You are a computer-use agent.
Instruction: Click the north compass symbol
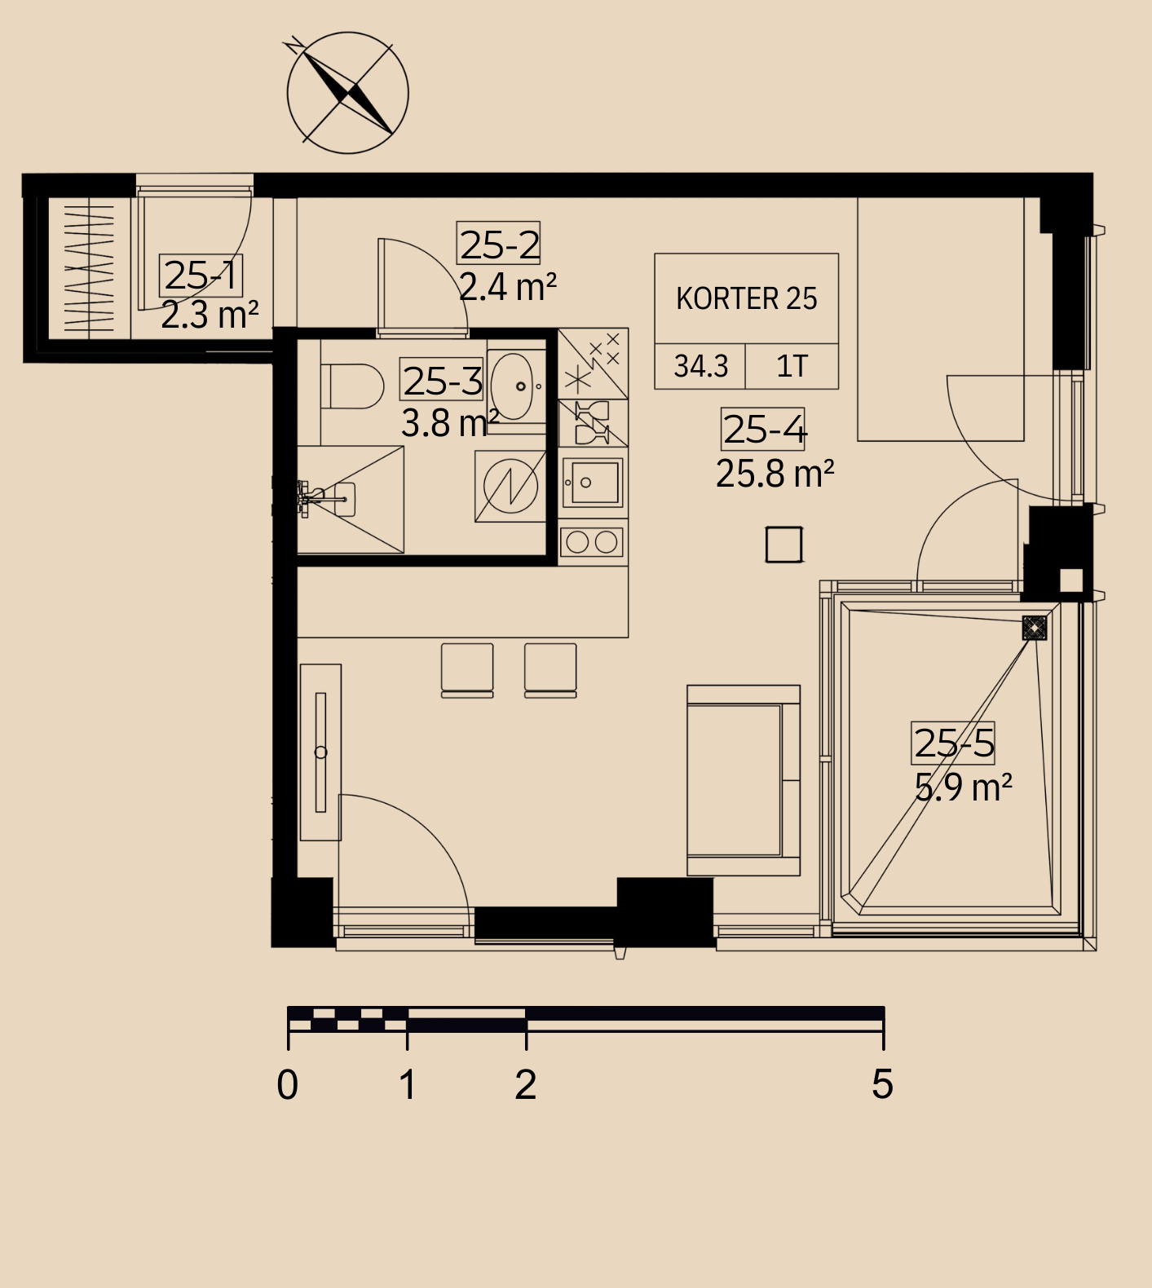(x=347, y=92)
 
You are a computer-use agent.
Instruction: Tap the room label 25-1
(x=201, y=276)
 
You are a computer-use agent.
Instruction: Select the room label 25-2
(x=498, y=243)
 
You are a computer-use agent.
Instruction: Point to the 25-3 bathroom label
(x=442, y=380)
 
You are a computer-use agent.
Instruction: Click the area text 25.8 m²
(x=775, y=473)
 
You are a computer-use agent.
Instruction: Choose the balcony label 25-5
(x=953, y=743)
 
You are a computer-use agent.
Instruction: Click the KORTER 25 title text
(x=746, y=298)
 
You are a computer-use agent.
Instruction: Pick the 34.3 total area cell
(x=701, y=366)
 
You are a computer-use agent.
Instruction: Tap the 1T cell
(x=792, y=366)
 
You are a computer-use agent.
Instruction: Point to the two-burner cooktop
(x=592, y=541)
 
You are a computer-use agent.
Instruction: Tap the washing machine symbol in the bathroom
(x=510, y=487)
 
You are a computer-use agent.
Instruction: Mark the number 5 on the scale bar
(x=882, y=1084)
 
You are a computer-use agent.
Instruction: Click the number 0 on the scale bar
(x=288, y=1085)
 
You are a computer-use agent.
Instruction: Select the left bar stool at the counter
(x=467, y=670)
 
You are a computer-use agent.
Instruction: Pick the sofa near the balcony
(x=744, y=780)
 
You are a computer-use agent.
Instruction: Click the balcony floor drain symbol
(x=1035, y=628)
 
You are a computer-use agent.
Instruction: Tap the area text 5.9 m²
(x=963, y=787)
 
